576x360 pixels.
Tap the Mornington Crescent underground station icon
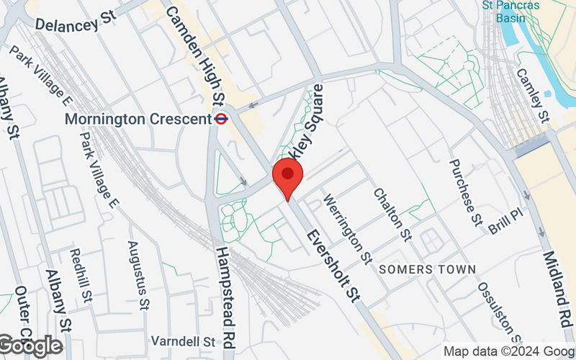pos(222,118)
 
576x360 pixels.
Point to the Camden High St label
pos(194,54)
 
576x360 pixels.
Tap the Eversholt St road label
pos(333,264)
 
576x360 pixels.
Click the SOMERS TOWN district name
pos(427,269)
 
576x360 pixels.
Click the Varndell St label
pos(183,340)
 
